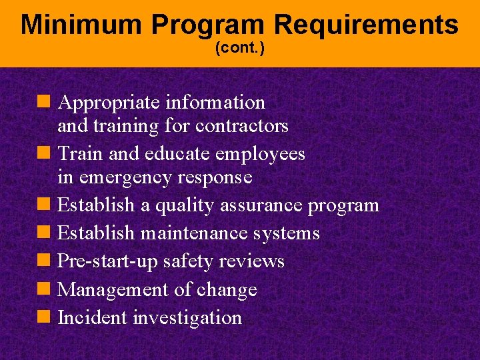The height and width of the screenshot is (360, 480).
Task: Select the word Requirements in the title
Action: point(365,25)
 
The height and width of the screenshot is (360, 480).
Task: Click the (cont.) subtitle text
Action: point(240,49)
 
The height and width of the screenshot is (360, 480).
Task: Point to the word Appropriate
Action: point(109,103)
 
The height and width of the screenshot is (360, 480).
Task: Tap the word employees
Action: point(260,154)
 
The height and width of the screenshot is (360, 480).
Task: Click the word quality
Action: point(187,205)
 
